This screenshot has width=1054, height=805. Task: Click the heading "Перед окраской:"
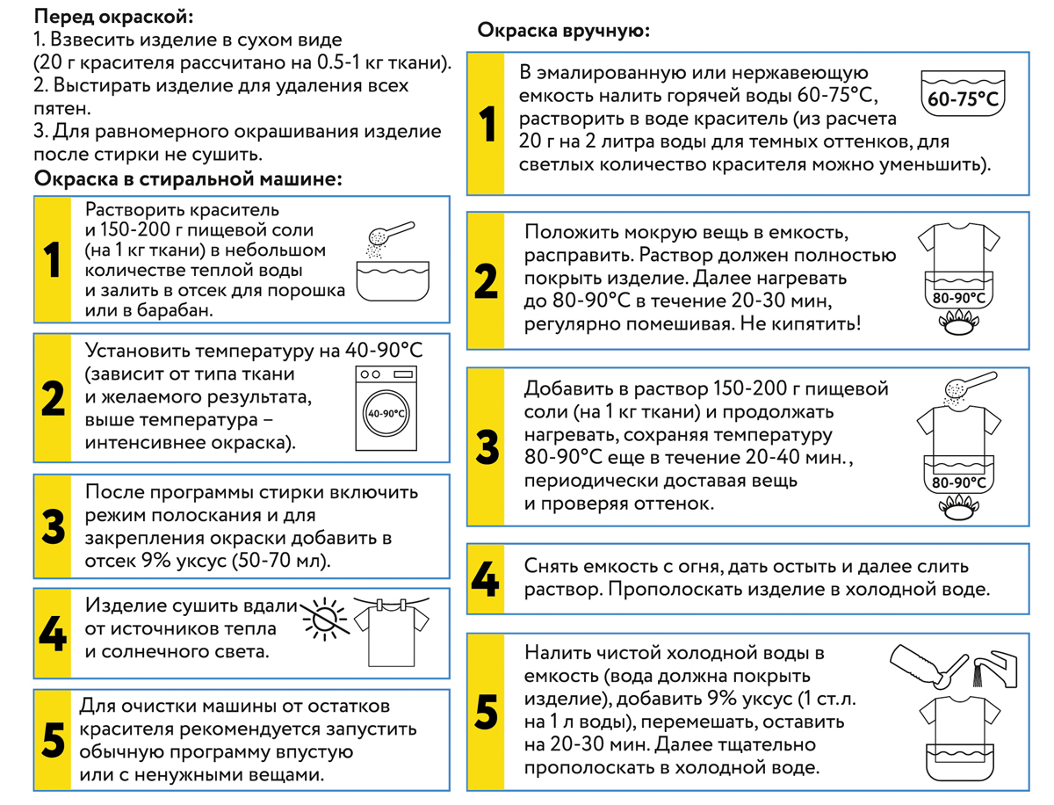pos(113,17)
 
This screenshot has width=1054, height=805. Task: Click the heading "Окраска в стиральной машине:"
pos(188,178)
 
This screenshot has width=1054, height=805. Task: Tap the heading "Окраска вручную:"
pos(563,30)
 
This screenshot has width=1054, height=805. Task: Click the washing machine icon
pos(386,409)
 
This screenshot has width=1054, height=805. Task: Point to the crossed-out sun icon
pos(325,619)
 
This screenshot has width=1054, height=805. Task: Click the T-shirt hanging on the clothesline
pos(392,633)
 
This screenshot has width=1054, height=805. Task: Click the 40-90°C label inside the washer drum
pos(386,414)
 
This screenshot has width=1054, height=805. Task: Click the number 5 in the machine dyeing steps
pos(53,740)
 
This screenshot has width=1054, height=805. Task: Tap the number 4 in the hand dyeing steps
pos(485,579)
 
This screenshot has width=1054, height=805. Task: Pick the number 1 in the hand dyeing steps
pos(487,124)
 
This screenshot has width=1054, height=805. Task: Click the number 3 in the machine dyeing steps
pos(54,526)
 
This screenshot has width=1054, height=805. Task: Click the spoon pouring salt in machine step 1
pos(390,234)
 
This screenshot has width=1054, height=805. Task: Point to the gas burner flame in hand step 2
pos(958,323)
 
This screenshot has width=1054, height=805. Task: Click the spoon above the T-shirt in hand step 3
pos(970,383)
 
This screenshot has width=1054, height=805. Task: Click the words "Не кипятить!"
pos(800,323)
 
